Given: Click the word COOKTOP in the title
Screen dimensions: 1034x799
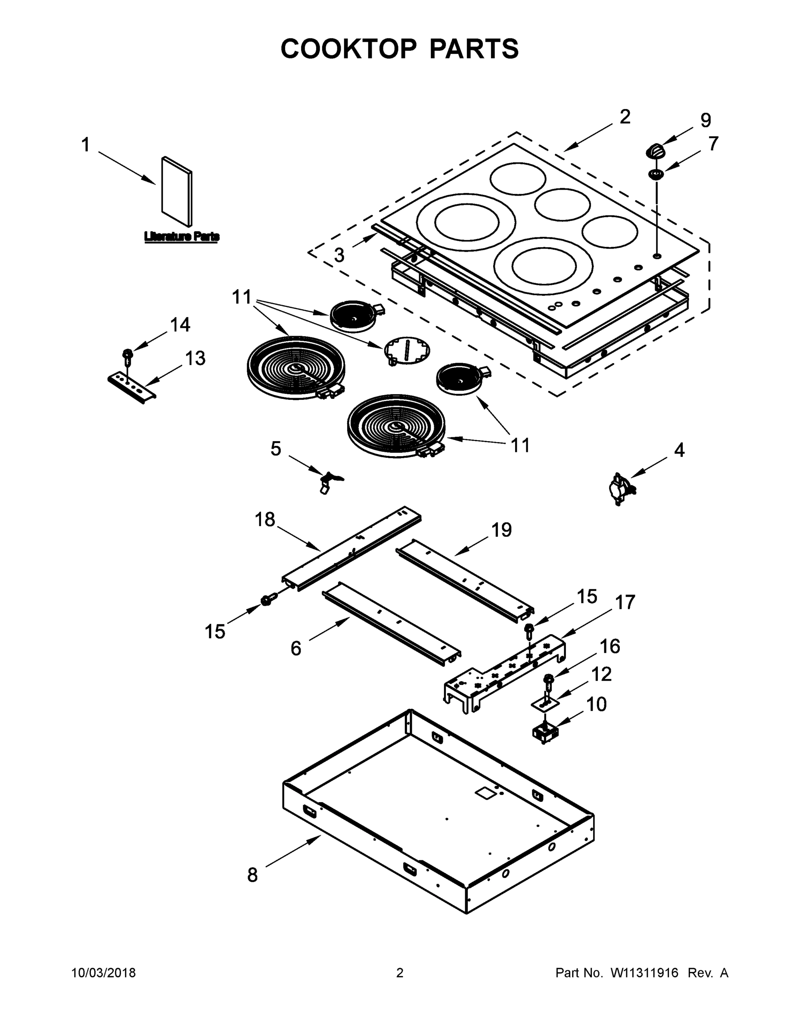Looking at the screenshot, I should (x=349, y=49).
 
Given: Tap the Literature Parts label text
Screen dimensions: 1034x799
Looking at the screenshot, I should (x=182, y=236).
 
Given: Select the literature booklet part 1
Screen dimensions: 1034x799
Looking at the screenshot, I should (x=177, y=191).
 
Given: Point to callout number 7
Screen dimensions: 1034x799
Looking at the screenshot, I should (x=713, y=143).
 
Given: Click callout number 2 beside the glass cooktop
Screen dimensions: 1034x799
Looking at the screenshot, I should (x=625, y=117).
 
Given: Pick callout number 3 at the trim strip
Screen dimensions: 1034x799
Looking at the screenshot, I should (x=339, y=255).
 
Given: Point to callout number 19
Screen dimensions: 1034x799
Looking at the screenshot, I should (x=501, y=530).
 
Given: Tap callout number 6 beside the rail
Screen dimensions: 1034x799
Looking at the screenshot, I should (x=296, y=648).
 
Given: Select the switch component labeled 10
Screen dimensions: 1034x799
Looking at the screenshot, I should (x=546, y=733).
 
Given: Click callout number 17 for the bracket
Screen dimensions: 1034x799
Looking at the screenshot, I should (x=625, y=603).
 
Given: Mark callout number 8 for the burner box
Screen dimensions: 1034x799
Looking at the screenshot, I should (x=252, y=875).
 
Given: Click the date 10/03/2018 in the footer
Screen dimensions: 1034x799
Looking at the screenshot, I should (x=103, y=973).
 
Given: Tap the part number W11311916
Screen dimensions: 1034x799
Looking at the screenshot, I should (x=644, y=973).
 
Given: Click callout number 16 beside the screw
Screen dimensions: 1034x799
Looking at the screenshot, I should (x=609, y=646).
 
